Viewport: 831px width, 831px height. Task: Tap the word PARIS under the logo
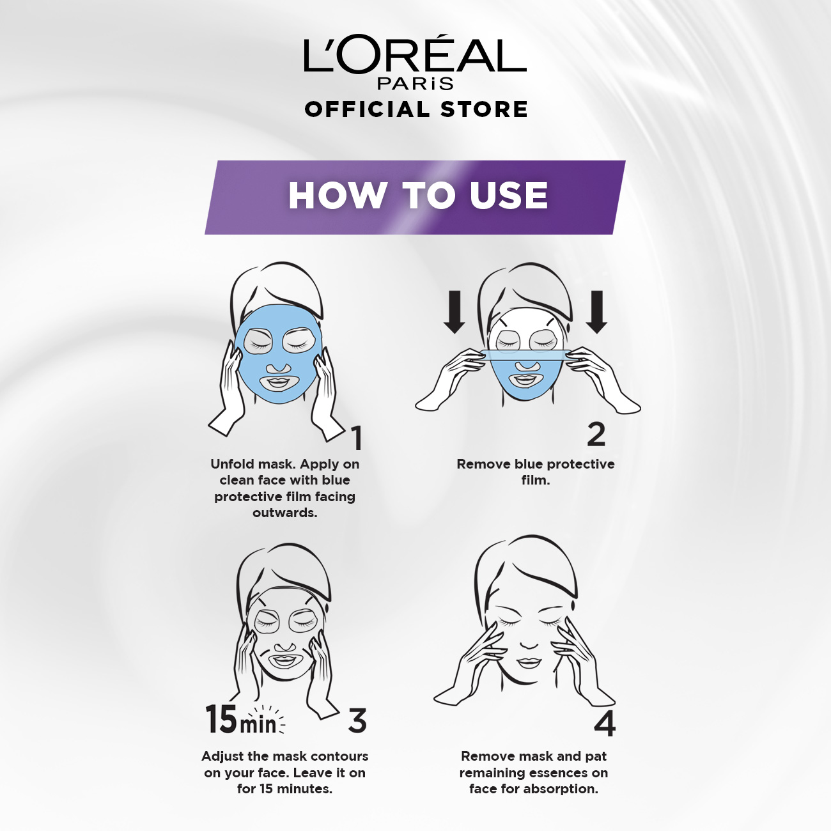point(415,83)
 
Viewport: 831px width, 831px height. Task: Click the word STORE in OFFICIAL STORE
point(484,109)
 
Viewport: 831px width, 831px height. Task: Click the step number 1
point(356,438)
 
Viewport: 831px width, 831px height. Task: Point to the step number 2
point(596,434)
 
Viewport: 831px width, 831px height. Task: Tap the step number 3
point(357,720)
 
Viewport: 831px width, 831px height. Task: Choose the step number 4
point(605,724)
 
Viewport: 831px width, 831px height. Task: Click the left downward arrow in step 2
point(454,312)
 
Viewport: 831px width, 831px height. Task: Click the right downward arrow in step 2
point(597,312)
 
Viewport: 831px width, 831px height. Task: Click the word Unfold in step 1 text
point(232,464)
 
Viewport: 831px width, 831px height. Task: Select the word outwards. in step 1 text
point(284,513)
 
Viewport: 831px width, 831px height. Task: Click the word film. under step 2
point(536,480)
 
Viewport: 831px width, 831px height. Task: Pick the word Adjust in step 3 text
point(224,756)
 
